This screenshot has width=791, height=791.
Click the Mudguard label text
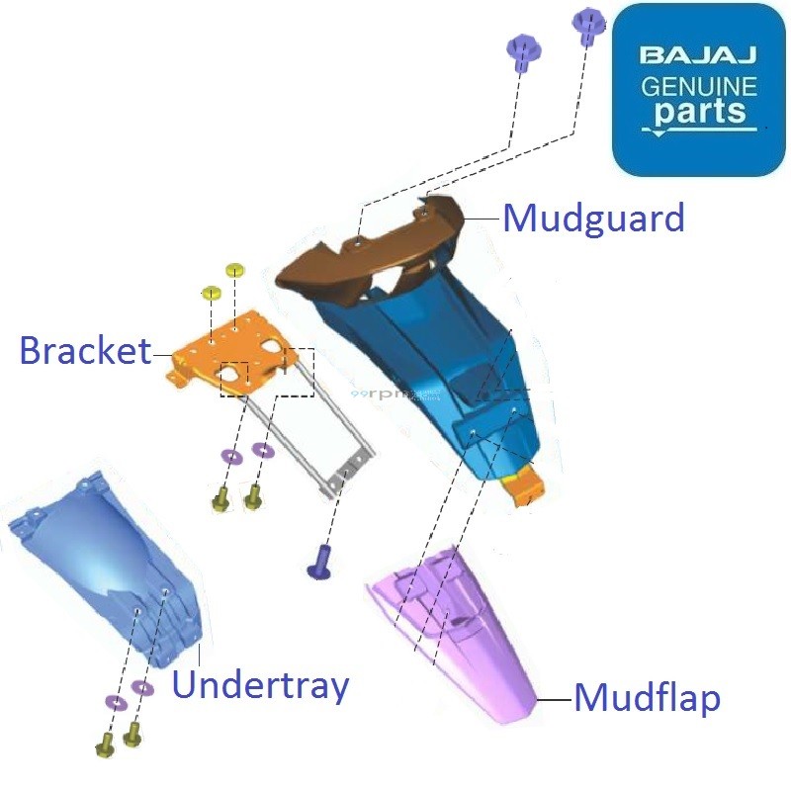pos(593,218)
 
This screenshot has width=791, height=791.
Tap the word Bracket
pos(85,350)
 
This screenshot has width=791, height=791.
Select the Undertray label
pos(260,684)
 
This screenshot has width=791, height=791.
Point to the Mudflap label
pos(647,698)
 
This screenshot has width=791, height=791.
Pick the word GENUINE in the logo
pos(698,85)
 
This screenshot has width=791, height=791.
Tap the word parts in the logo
pos(698,111)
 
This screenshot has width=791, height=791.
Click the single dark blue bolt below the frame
pos(320,560)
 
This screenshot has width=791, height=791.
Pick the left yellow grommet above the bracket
pos(211,293)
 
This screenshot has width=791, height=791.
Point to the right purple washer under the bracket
pos(263,451)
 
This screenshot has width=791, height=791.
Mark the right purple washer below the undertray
pos(142,687)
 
